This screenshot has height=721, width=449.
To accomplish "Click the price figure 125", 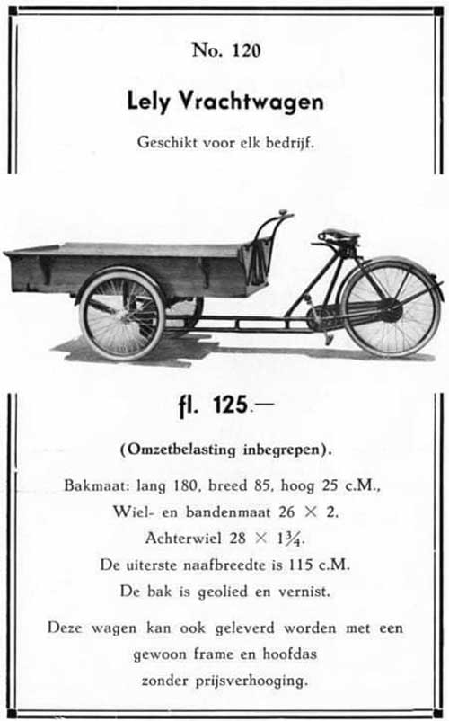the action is coord(231,405).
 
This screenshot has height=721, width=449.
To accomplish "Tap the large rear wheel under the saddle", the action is coord(391,307).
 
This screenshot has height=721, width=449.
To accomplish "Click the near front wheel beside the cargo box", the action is coord(122,316).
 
